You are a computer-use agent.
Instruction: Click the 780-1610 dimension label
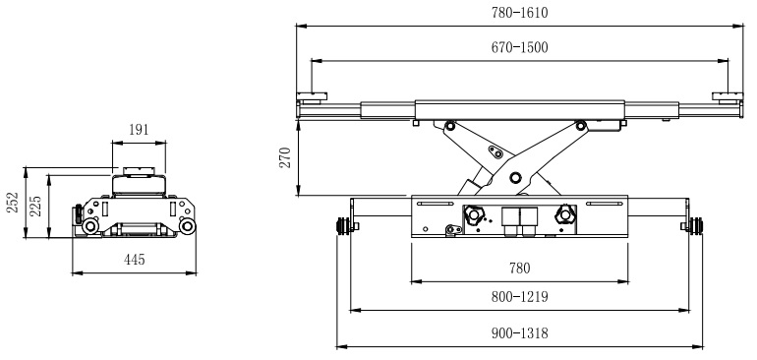519,12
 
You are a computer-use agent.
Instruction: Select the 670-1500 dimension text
519,47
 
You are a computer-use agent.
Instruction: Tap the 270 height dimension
285,157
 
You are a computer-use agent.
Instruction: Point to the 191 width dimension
139,130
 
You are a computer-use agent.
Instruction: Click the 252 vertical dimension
13,202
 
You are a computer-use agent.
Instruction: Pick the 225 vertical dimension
36,206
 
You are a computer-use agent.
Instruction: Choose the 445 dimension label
135,260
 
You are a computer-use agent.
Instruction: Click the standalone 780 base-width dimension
519,268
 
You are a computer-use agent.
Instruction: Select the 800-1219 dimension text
519,296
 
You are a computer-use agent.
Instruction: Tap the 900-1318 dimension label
519,332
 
